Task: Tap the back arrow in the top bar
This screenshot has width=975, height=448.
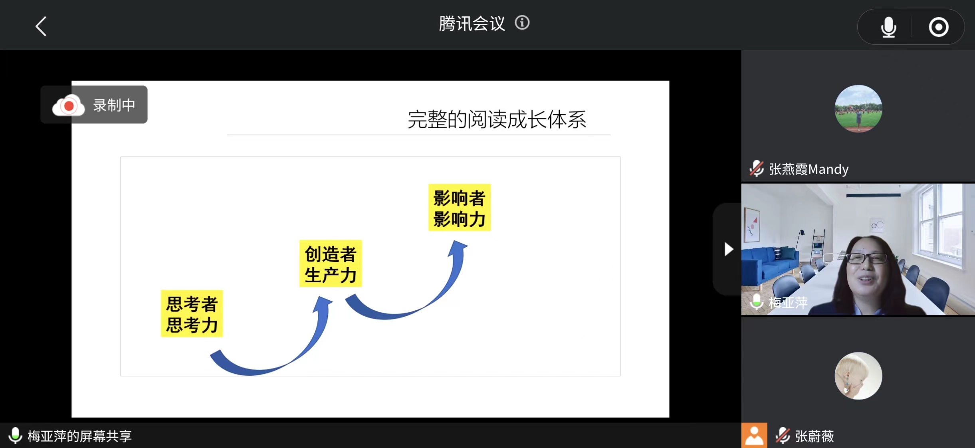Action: tap(41, 26)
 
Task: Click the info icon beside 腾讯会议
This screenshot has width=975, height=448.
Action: tap(522, 23)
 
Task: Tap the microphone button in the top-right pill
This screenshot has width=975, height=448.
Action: tap(888, 27)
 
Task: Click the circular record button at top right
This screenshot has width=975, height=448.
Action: tap(938, 27)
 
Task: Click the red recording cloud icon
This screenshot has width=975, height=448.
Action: tap(68, 105)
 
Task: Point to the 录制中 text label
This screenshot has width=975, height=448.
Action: tap(114, 105)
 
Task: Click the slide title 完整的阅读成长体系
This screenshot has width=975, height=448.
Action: tap(497, 119)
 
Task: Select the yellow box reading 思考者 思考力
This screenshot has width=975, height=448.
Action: tap(192, 314)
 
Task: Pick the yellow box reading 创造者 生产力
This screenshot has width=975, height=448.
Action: tap(331, 264)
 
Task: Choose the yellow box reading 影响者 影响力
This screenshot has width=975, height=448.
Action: tap(460, 208)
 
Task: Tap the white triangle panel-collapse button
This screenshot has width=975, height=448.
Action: tap(729, 249)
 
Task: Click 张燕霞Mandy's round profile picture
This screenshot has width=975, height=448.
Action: tap(858, 109)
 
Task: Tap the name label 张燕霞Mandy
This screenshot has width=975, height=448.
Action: tap(809, 169)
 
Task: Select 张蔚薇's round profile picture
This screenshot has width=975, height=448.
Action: tap(858, 376)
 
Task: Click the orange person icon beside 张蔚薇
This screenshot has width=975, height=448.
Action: tap(754, 436)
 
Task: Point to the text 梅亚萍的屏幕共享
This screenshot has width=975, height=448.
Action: tap(79, 436)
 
